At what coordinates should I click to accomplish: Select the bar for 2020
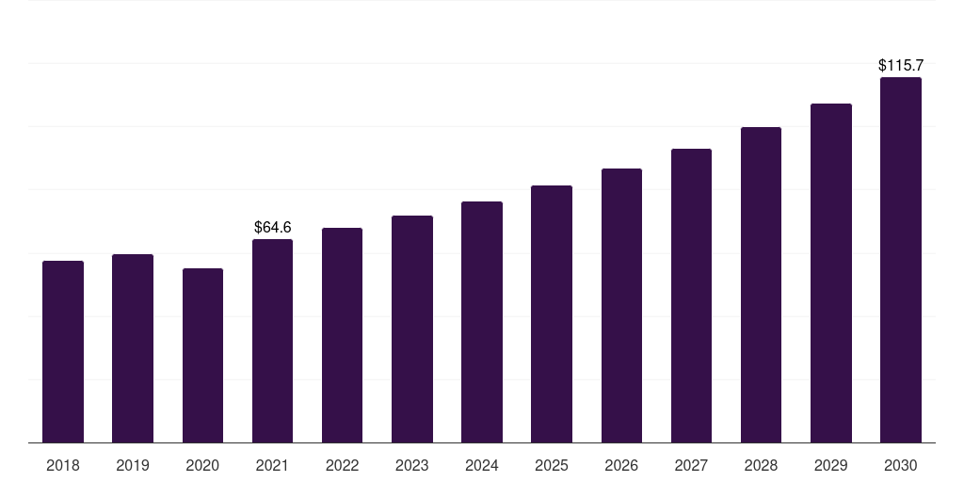point(202,355)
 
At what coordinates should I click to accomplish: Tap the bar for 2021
point(272,341)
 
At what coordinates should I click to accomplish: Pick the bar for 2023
point(412,329)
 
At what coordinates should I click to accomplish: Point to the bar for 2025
point(552,313)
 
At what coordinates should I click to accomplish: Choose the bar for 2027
point(691,296)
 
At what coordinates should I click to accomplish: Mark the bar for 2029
point(831,273)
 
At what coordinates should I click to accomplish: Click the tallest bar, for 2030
point(901,260)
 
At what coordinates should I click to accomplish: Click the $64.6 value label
point(273,227)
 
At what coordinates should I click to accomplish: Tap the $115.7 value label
point(901,66)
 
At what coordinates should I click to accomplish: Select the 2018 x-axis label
point(63,465)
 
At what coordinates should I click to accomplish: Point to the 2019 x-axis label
point(133,465)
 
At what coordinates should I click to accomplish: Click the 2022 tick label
point(343,465)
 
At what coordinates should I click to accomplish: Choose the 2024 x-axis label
point(482,465)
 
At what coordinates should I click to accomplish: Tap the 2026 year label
point(621,465)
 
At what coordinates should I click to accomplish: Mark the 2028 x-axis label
point(761,465)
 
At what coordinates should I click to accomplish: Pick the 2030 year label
point(901,465)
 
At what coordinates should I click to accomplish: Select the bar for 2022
point(343,335)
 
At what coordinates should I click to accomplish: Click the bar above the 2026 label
point(621,305)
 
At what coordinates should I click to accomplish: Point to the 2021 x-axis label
point(272,465)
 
